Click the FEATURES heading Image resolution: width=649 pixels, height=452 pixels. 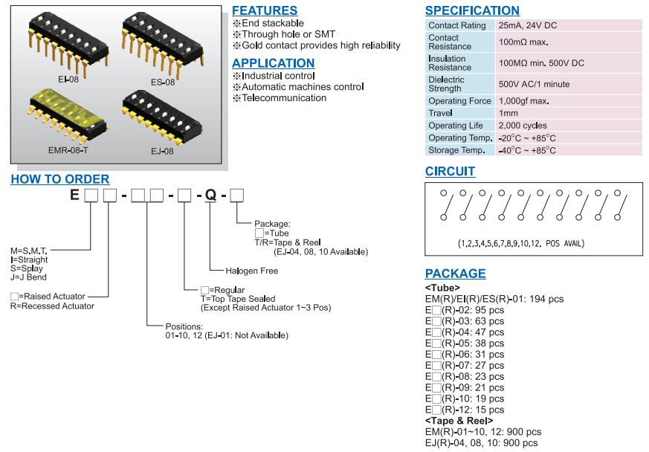265,10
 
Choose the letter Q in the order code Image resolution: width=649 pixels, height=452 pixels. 210,196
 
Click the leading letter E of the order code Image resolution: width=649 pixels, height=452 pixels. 74,196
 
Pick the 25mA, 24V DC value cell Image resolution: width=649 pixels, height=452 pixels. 528,25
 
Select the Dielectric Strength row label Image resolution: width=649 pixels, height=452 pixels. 447,84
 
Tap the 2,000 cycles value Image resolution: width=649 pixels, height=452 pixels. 523,126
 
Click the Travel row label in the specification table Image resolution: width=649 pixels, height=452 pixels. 441,113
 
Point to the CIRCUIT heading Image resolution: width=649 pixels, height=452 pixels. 450,172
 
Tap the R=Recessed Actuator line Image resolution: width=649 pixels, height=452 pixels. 52,306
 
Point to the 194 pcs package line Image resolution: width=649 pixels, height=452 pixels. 494,299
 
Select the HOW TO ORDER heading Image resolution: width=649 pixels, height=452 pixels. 60,179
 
